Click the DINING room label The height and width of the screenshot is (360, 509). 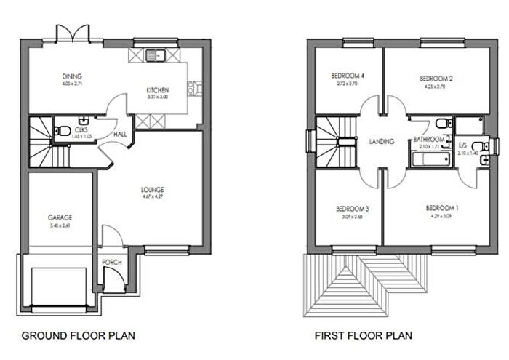pyautogui.click(x=72, y=76)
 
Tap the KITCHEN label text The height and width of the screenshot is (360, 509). pyautogui.click(x=158, y=89)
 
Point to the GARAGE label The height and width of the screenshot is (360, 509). pyautogui.click(x=60, y=217)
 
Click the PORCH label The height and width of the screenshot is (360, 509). pyautogui.click(x=112, y=263)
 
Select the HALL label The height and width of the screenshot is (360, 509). pyautogui.click(x=121, y=134)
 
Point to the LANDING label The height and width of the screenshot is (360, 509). pyautogui.click(x=382, y=143)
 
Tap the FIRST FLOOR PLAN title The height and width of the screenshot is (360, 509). pyautogui.click(x=363, y=336)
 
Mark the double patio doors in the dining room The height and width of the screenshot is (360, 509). pyautogui.click(x=72, y=33)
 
